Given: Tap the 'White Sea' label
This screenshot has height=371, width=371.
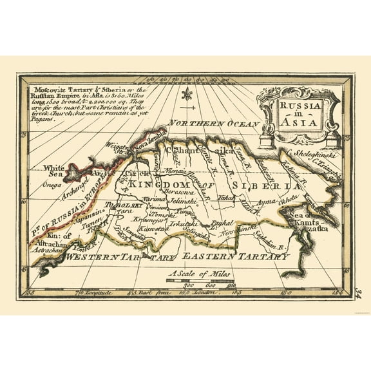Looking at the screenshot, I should [54, 171].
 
